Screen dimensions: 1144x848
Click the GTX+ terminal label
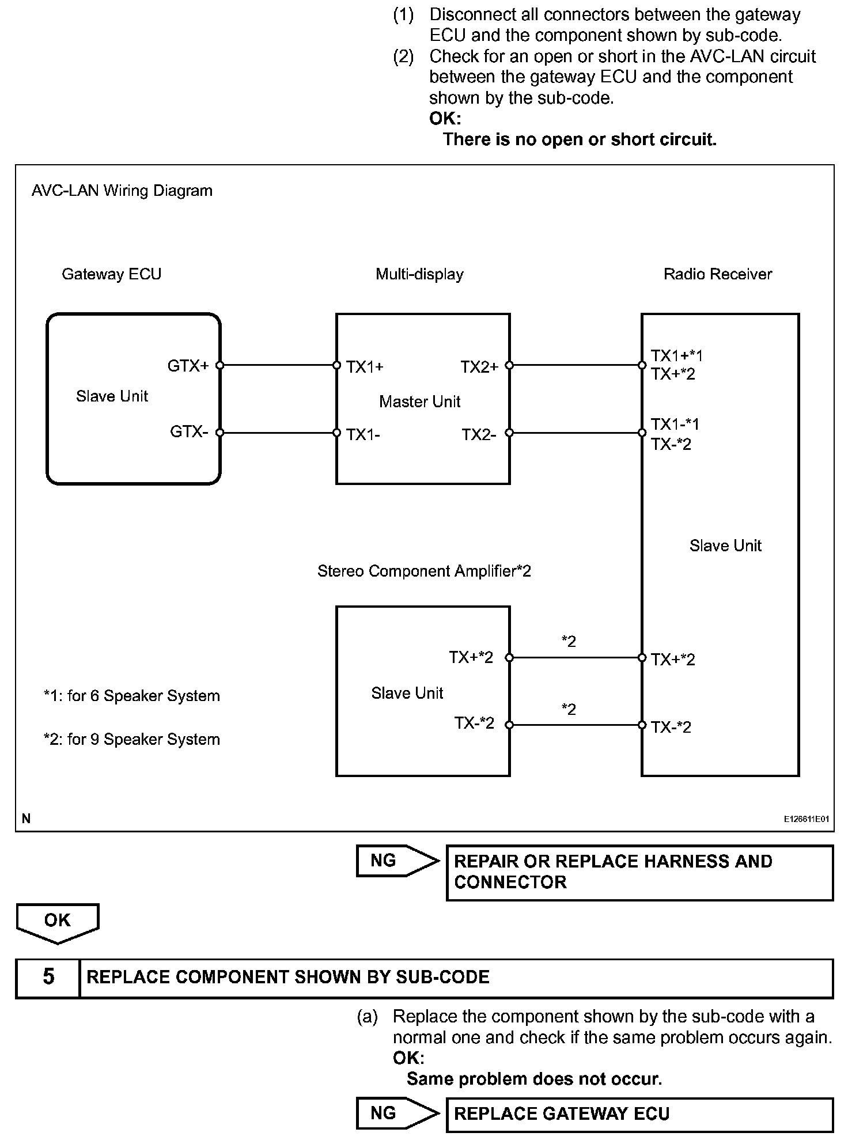click(x=188, y=366)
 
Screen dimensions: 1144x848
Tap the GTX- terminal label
click(x=188, y=432)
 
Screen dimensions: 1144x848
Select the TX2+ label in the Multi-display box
click(x=479, y=367)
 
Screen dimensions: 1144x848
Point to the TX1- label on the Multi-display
click(x=363, y=435)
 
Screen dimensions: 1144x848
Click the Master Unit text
click(x=419, y=401)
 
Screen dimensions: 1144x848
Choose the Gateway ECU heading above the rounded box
click(x=111, y=274)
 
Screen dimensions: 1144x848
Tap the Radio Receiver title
click(x=717, y=274)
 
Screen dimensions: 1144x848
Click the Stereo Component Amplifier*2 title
click(x=424, y=571)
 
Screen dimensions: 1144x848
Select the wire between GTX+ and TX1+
click(x=278, y=365)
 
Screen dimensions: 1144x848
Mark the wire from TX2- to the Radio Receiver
click(x=576, y=433)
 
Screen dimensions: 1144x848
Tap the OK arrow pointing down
click(x=58, y=922)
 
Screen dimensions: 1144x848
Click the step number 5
click(x=48, y=977)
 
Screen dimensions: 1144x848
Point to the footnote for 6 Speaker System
click(x=132, y=696)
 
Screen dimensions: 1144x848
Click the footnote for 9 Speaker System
click(x=132, y=739)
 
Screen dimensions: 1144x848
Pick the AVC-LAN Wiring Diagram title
click(x=122, y=191)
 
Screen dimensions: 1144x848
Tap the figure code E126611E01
click(x=806, y=819)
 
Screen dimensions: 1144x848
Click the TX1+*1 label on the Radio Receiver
click(x=676, y=356)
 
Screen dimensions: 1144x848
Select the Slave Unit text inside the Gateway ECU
click(x=112, y=396)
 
